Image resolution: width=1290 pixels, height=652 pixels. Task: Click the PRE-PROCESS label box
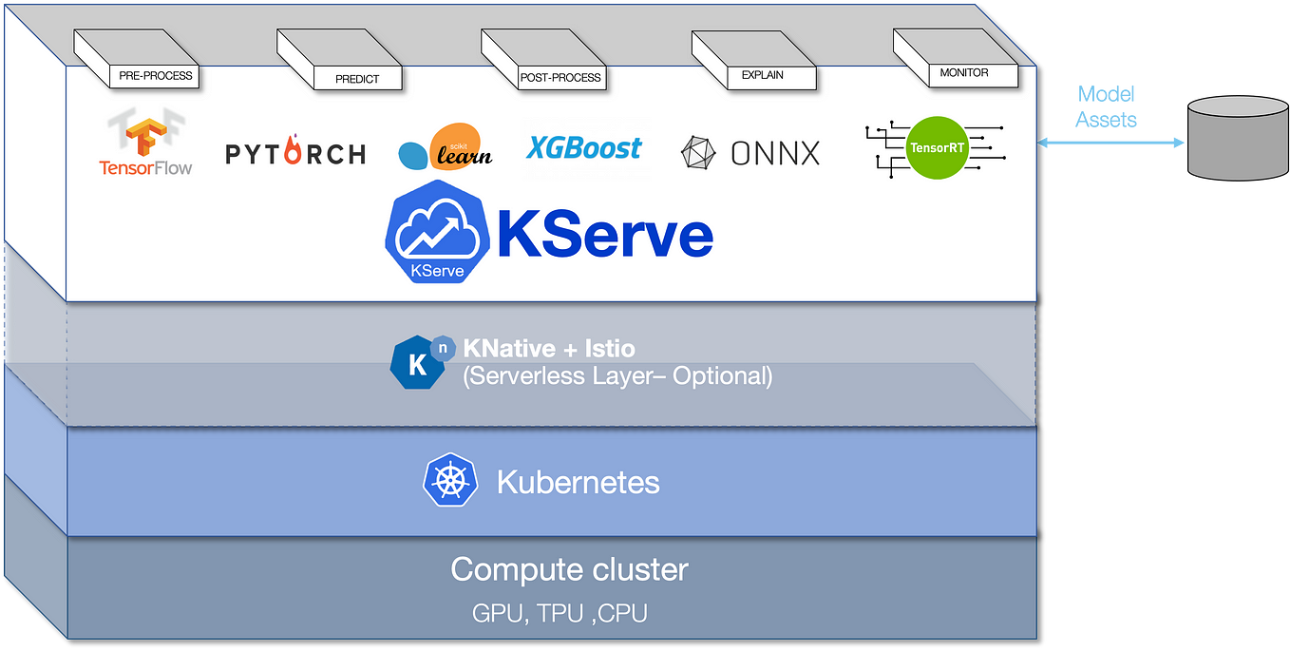tap(154, 76)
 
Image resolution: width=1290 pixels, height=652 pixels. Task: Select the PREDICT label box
tap(357, 78)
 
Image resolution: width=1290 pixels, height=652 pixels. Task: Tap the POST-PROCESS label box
tap(560, 78)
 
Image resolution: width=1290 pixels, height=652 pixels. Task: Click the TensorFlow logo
tap(145, 142)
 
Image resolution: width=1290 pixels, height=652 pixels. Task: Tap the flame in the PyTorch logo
tap(294, 150)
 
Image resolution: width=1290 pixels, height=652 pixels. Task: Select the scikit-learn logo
tap(446, 146)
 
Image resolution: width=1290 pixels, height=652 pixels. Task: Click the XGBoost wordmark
tap(584, 148)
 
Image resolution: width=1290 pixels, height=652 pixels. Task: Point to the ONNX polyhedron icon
tap(698, 153)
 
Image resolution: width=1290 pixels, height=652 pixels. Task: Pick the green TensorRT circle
tap(937, 148)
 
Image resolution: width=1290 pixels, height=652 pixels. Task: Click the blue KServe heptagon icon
tap(437, 232)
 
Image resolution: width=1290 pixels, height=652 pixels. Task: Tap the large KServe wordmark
tap(605, 233)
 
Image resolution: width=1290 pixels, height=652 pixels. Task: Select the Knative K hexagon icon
tap(419, 362)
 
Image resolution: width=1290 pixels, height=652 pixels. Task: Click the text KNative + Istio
tap(549, 349)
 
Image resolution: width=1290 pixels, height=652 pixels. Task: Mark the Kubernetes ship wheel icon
tap(450, 480)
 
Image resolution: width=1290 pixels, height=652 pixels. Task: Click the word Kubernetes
tap(579, 482)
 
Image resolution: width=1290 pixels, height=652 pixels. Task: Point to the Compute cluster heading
tap(569, 570)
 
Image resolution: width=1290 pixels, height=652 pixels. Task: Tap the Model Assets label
tap(1106, 106)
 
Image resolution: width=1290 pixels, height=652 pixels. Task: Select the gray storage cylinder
tap(1238, 138)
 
